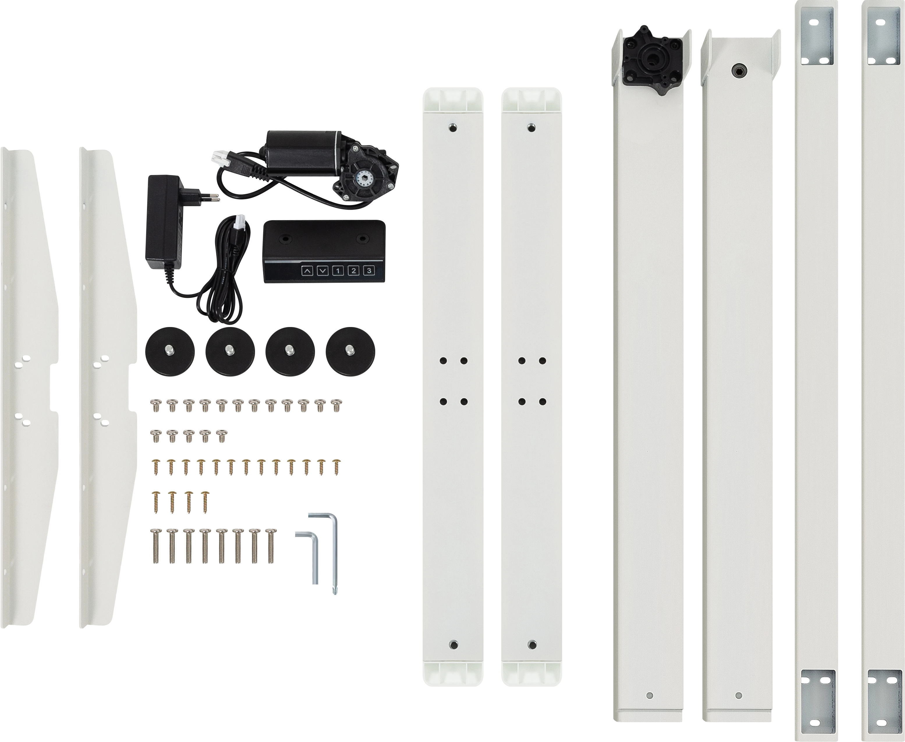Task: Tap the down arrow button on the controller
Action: pyautogui.click(x=323, y=271)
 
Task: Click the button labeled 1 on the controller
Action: pyautogui.click(x=338, y=271)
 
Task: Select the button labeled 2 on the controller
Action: pyautogui.click(x=353, y=271)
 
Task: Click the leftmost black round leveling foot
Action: pyautogui.click(x=170, y=352)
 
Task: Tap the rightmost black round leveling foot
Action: pyautogui.click(x=350, y=352)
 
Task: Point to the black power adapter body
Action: pyautogui.click(x=162, y=222)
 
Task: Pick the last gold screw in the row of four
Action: pyautogui.click(x=205, y=501)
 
